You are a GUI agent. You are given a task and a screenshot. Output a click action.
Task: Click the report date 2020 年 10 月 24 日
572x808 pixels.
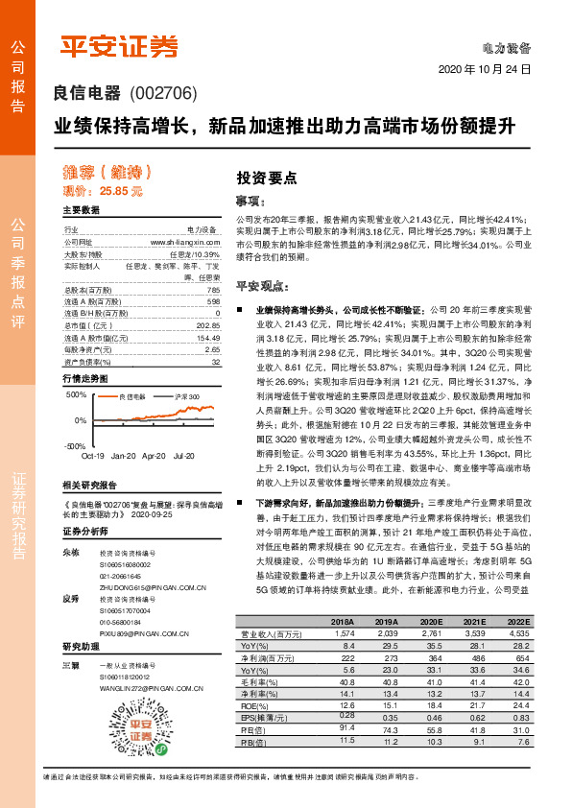click(x=484, y=70)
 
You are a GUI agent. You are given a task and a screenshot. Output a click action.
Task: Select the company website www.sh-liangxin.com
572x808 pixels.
click(x=186, y=245)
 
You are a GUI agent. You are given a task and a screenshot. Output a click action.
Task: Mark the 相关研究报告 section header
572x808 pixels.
click(x=89, y=485)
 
